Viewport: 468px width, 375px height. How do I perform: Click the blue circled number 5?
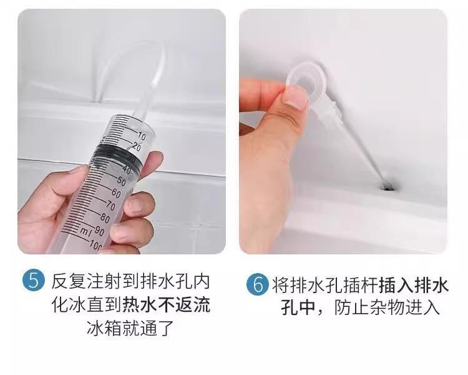(33, 281)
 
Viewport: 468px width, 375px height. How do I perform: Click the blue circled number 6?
(256, 285)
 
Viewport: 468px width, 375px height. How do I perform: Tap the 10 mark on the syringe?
(141, 136)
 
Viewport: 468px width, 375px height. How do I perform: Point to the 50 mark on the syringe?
(121, 181)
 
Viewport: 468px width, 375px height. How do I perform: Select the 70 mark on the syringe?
(110, 206)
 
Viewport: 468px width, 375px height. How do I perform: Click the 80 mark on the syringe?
(105, 218)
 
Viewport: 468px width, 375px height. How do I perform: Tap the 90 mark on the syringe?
(99, 231)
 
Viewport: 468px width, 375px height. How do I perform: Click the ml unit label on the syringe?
(86, 231)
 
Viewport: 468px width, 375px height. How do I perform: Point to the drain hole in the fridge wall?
(388, 187)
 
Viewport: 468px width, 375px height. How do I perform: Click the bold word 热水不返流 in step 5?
(167, 305)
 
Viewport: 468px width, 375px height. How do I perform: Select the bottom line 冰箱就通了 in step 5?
(130, 328)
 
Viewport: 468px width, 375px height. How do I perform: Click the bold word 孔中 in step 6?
(298, 307)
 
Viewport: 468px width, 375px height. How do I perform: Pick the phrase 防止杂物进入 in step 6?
(387, 307)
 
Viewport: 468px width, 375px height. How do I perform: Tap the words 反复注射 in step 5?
(87, 281)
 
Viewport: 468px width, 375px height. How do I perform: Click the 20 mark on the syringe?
(136, 147)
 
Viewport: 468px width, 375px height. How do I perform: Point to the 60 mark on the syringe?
(116, 193)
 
